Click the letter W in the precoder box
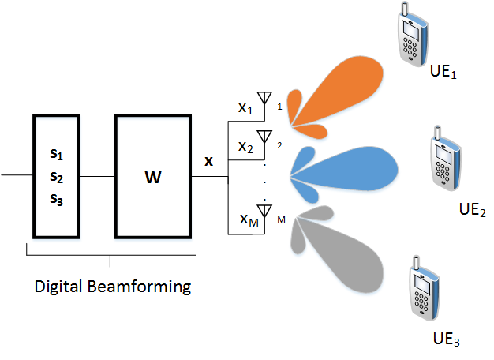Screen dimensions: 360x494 (x=152, y=177)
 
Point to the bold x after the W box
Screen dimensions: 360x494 (x=208, y=161)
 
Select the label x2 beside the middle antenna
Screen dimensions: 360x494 (x=246, y=147)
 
